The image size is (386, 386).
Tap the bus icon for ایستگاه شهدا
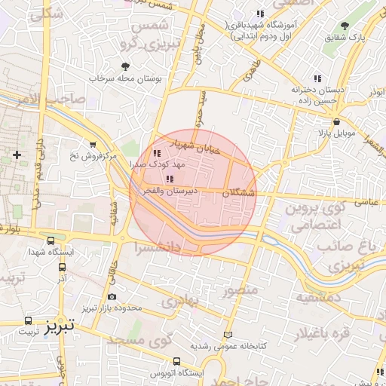[x=51, y=241]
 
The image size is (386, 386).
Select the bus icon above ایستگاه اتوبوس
[x=176, y=361]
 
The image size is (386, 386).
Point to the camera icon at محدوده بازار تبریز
[x=112, y=297]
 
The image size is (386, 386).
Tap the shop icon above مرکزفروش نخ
[x=92, y=145]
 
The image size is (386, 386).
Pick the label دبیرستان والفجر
[x=171, y=191]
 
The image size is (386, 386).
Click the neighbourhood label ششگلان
[x=238, y=194]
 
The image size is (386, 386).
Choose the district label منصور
[x=240, y=289]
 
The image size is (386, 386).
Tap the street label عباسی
[x=366, y=202]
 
